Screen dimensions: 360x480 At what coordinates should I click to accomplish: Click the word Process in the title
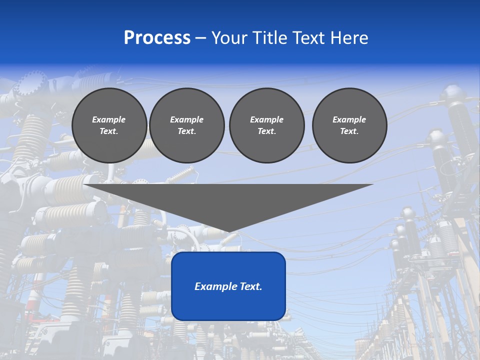[x=157, y=38]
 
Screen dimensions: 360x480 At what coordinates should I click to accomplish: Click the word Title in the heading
[x=269, y=38]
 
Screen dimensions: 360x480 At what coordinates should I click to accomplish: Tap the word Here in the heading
[x=348, y=38]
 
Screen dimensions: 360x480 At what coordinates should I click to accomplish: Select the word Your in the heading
[x=228, y=38]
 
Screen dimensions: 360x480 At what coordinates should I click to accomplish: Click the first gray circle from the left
[x=109, y=125]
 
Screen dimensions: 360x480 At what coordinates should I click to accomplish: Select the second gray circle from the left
[x=186, y=125]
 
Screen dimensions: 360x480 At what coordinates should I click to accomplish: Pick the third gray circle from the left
[x=266, y=125]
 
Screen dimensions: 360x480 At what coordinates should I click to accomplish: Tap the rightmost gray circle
[x=349, y=125]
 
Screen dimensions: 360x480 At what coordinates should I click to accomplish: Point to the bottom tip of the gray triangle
[x=228, y=231]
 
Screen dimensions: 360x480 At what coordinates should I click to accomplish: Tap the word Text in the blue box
[x=251, y=286]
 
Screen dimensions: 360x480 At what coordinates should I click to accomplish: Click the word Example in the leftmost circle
[x=109, y=119]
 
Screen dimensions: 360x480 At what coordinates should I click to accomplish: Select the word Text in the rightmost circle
[x=349, y=131]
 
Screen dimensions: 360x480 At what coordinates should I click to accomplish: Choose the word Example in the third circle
[x=266, y=119]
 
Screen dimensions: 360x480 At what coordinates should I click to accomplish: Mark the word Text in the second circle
[x=186, y=131]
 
